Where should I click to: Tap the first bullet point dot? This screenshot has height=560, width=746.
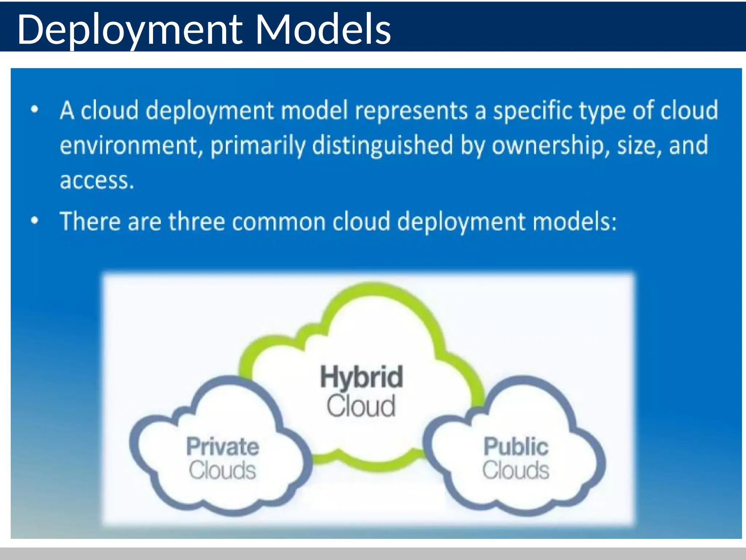point(35,109)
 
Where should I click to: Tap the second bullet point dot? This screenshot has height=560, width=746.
point(35,221)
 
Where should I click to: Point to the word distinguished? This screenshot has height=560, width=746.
point(383,145)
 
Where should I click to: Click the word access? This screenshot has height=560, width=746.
point(97,180)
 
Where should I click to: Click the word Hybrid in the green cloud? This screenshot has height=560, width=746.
point(361,377)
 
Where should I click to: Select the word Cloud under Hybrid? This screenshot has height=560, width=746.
point(361,406)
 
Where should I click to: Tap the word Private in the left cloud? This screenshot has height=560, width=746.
point(223,447)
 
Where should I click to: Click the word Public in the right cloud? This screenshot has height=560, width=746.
point(516,447)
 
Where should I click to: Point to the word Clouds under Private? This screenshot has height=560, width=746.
point(222,470)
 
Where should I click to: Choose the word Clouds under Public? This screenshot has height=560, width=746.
point(516,470)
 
